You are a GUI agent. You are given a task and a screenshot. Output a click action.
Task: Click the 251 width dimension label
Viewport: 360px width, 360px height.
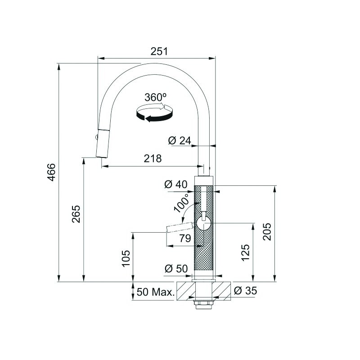click(x=159, y=51)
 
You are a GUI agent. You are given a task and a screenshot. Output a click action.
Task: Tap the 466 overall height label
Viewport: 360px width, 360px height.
click(x=51, y=172)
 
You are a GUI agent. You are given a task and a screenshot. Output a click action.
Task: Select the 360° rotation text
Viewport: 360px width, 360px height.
click(x=155, y=97)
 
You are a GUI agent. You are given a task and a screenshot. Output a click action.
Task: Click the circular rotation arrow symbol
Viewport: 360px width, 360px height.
click(x=154, y=113)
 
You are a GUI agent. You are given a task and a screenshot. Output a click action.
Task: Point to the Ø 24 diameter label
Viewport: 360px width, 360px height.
click(x=180, y=140)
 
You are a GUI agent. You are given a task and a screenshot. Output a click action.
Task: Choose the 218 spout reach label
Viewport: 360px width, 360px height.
click(x=153, y=158)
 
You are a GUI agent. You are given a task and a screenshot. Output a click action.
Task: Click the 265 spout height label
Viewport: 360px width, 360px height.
click(x=76, y=214)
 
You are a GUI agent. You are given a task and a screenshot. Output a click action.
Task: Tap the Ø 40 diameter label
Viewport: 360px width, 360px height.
click(x=176, y=184)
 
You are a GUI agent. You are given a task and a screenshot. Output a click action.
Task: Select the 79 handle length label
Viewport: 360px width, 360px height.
click(x=185, y=238)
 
